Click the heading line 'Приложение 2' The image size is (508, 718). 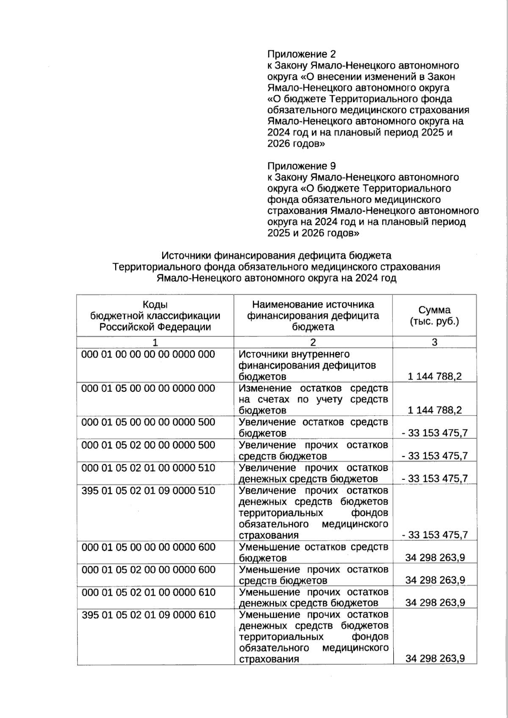pyautogui.click(x=301, y=54)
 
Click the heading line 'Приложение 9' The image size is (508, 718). pyautogui.click(x=301, y=166)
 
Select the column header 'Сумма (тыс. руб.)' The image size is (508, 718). pyautogui.click(x=434, y=315)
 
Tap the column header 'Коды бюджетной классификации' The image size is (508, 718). pyautogui.click(x=155, y=315)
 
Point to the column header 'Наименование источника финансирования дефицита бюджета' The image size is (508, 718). pyautogui.click(x=313, y=315)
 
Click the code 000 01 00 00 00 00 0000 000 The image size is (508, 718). pyautogui.click(x=148, y=354)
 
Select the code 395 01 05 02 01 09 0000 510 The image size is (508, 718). pyautogui.click(x=148, y=490)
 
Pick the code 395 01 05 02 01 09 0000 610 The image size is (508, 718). pyautogui.click(x=149, y=614)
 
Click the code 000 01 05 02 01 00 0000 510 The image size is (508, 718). pyautogui.click(x=148, y=468)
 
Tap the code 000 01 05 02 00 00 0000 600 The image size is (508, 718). pyautogui.click(x=149, y=569)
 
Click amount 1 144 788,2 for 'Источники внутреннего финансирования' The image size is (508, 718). pyautogui.click(x=435, y=376)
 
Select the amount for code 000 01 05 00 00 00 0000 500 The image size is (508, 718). pyautogui.click(x=435, y=433)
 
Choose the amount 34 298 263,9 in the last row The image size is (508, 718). pyautogui.click(x=435, y=658)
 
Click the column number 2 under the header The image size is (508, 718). pyautogui.click(x=313, y=342)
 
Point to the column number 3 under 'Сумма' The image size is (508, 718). pyautogui.click(x=434, y=342)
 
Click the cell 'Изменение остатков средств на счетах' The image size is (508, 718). pyautogui.click(x=313, y=399)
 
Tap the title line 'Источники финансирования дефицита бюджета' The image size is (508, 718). pyautogui.click(x=276, y=256)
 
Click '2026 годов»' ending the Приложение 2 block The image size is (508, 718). pyautogui.click(x=296, y=143)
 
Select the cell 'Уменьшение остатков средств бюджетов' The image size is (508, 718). pyautogui.click(x=313, y=552)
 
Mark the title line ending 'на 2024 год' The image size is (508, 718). pyautogui.click(x=276, y=278)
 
